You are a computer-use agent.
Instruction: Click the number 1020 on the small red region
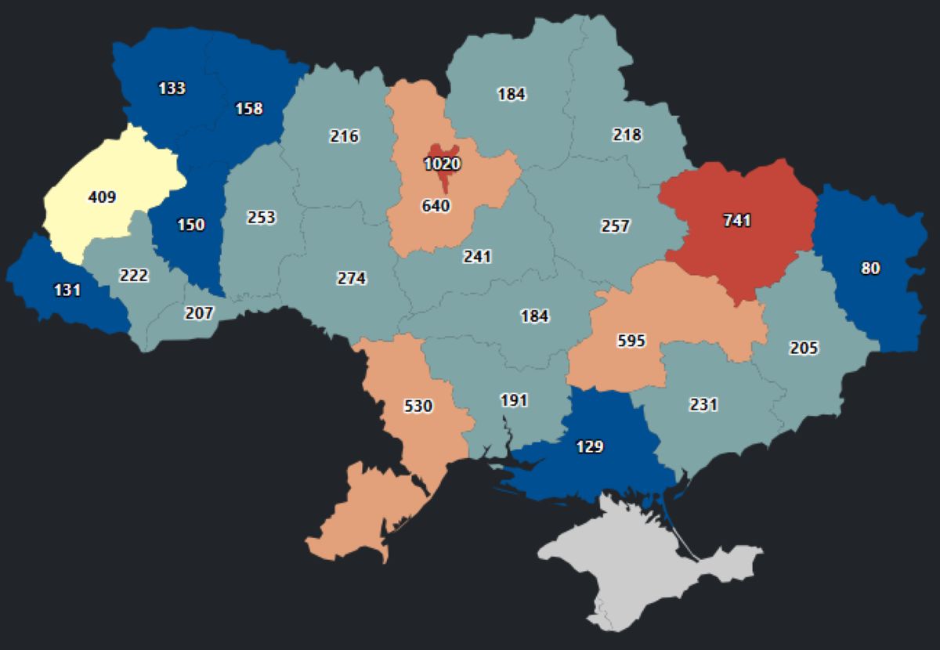(x=443, y=164)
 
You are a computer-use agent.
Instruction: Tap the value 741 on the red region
(x=736, y=221)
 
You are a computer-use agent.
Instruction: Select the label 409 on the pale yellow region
(x=102, y=197)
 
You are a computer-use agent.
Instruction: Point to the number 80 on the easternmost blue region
(x=870, y=268)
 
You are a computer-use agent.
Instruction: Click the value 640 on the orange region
(x=436, y=206)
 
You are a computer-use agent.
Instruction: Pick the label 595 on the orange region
(x=631, y=341)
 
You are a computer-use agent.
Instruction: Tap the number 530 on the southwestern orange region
(x=418, y=406)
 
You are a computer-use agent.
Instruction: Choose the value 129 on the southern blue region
(x=589, y=446)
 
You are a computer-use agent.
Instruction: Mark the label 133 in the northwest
(x=172, y=88)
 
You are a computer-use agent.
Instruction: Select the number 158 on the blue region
(x=249, y=109)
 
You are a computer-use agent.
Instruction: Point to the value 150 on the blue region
(x=190, y=225)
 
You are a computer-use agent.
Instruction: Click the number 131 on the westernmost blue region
(x=67, y=290)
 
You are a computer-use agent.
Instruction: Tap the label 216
(x=344, y=136)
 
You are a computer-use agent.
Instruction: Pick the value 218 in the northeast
(x=627, y=135)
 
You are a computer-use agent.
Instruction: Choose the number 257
(x=615, y=226)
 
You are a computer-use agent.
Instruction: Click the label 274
(x=351, y=278)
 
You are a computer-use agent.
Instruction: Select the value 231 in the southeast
(x=703, y=405)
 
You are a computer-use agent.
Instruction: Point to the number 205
(x=804, y=348)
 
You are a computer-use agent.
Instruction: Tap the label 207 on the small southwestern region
(x=200, y=313)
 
